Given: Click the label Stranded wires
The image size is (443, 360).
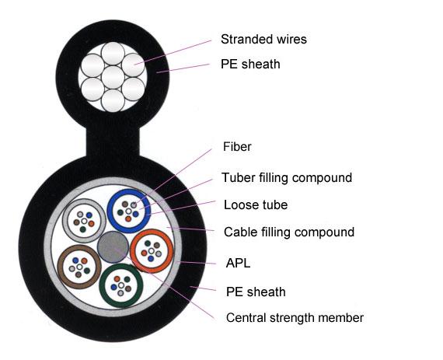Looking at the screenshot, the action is [263, 40].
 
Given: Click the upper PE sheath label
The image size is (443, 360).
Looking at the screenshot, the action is [250, 64].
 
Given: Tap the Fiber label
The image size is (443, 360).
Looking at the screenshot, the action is [237, 147].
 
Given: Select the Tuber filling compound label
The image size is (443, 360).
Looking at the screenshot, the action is [287, 178].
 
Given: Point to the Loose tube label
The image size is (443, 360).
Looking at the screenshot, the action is [256, 204].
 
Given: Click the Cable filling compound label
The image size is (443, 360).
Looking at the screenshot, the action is [289, 232].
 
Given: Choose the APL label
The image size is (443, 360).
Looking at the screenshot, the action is [238, 264].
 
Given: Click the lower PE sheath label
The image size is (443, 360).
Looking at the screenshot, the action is [256, 292].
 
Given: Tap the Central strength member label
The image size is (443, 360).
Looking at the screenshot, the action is [295, 318].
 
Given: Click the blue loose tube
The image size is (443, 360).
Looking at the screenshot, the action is [110, 211].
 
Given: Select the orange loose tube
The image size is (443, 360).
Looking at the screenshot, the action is [133, 251].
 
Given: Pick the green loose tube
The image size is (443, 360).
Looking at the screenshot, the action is [102, 285].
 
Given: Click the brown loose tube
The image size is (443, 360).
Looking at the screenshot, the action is [60, 267].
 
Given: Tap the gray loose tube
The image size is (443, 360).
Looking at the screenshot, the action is [65, 221].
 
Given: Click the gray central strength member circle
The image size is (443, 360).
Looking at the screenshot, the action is [113, 247].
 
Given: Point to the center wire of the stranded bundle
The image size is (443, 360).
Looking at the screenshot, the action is [113, 77].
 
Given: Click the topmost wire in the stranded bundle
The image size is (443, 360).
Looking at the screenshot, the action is [113, 54].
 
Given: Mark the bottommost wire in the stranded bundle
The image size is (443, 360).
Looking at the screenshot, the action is [113, 100].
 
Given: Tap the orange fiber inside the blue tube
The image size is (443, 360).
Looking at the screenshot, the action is [128, 218].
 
